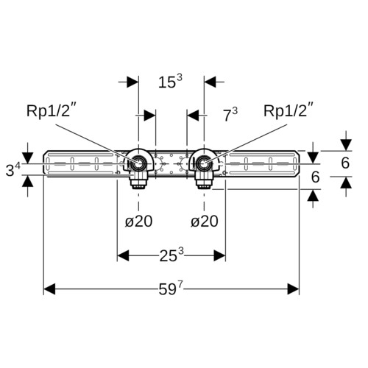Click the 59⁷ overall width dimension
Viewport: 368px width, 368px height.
171,289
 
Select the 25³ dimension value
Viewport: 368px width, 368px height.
171,255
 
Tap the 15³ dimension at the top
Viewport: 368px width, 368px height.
170,81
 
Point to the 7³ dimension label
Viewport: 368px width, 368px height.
230,115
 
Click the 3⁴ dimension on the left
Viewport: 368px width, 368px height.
13,169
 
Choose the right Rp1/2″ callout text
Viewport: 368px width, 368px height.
289,110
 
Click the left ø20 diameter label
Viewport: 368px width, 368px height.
138,222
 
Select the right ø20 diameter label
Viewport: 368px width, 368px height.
205,222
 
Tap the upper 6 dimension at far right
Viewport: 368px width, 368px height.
345,163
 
